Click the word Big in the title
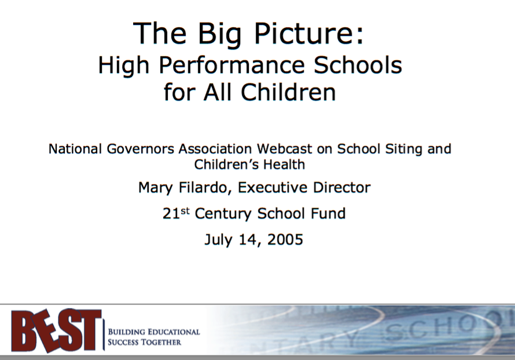click(219, 34)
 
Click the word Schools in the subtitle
click(358, 64)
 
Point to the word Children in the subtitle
click(288, 91)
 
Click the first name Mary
click(155, 188)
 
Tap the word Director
click(341, 188)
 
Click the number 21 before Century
click(171, 214)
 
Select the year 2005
click(285, 240)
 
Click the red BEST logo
click(56, 330)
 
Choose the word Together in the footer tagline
click(161, 342)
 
